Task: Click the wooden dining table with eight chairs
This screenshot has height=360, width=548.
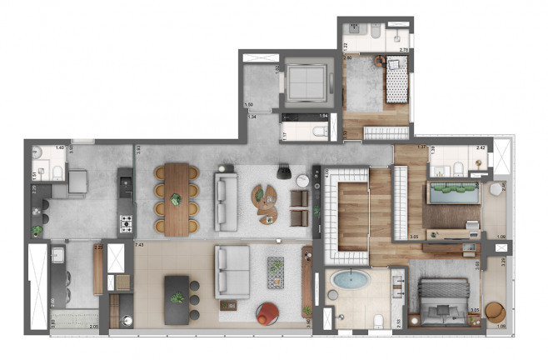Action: [x=176, y=198]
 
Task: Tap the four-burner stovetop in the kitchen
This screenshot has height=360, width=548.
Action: [x=127, y=223]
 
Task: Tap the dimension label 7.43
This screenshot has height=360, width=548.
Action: [x=139, y=247]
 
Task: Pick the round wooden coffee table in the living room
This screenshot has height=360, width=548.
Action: [x=266, y=200]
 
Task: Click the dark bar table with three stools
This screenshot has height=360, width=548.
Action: [x=177, y=298]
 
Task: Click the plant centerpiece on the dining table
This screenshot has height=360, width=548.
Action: [x=175, y=199]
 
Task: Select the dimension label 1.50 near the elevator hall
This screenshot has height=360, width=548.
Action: [x=248, y=104]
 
